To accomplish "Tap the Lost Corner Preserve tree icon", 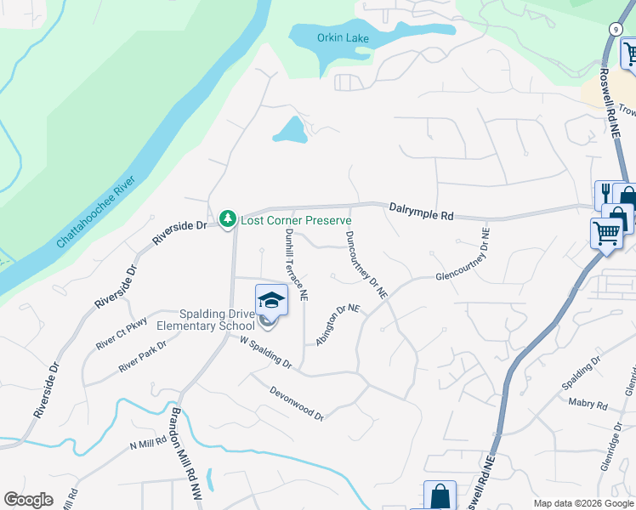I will point(227,219).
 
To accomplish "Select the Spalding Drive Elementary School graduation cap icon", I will point(271,299).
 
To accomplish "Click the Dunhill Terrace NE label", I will point(297,264).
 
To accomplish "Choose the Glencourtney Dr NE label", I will point(463,255).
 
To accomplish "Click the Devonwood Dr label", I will point(297,403).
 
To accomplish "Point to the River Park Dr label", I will point(142,355).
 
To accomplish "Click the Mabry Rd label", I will point(590,405).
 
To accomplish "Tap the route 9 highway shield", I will point(614,28).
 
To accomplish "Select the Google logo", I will point(28,500).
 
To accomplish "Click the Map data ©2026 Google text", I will point(583,503).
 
